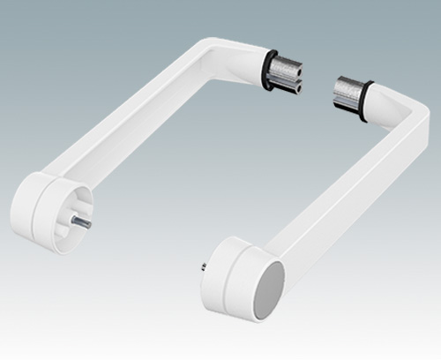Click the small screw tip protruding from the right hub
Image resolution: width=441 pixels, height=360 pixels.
(204, 266)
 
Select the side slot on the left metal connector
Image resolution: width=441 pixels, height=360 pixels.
(291, 76)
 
